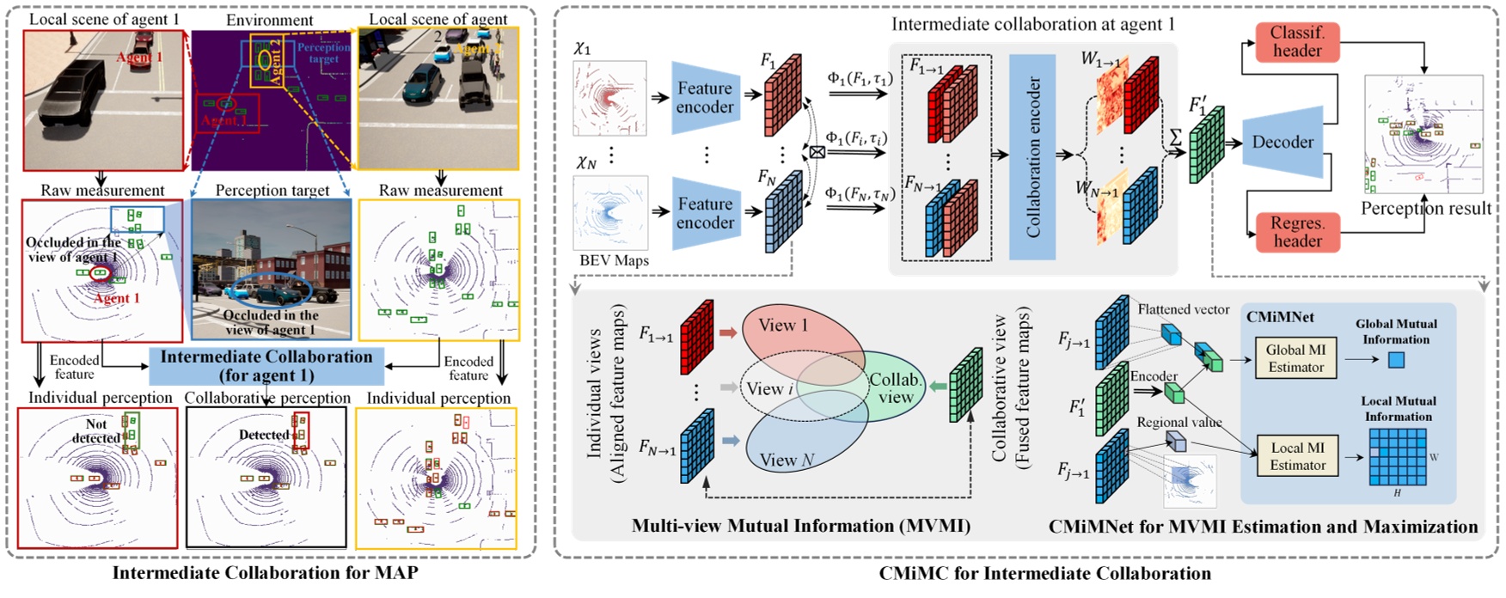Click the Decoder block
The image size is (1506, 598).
pos(1283,143)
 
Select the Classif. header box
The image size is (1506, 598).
pos(1297,41)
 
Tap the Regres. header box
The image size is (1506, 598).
pos(1297,232)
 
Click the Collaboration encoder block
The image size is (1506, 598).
pos(1032,157)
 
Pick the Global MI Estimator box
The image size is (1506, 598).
pos(1295,358)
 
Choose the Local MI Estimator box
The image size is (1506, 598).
pos(1297,456)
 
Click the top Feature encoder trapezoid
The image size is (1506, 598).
pos(705,97)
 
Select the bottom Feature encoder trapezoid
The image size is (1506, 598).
pos(705,213)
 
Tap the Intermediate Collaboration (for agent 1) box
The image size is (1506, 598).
pos(266,366)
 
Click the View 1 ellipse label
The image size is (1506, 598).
pos(782,326)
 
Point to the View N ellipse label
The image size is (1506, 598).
pos(786,460)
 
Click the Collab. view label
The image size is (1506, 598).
pos(895,388)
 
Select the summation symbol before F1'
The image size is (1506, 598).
pos(1175,137)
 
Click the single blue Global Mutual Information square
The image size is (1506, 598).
pos(1396,359)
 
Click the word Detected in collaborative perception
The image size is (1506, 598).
pos(263,435)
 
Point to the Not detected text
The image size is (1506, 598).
pos(96,430)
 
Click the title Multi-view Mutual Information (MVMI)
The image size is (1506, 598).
pos(800,526)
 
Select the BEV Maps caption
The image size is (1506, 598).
pos(614,260)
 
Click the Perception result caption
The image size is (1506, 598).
pos(1426,208)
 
